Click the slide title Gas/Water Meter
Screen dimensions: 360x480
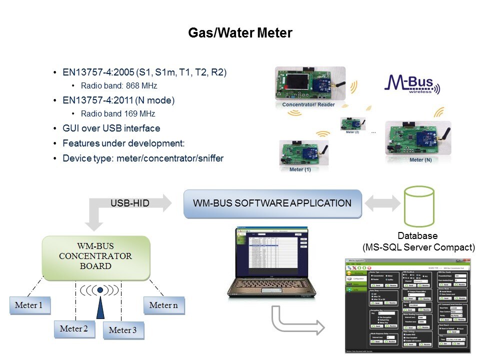click(x=240, y=33)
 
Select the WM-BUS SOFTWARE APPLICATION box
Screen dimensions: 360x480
click(x=272, y=203)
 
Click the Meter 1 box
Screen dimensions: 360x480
click(x=30, y=305)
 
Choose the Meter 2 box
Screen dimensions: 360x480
click(x=74, y=328)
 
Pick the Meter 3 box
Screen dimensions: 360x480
click(x=123, y=330)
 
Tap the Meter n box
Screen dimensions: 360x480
click(x=163, y=305)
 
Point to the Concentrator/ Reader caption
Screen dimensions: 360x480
click(x=308, y=104)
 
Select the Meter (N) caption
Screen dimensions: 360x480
click(x=420, y=160)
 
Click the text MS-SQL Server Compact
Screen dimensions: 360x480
click(x=418, y=247)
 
